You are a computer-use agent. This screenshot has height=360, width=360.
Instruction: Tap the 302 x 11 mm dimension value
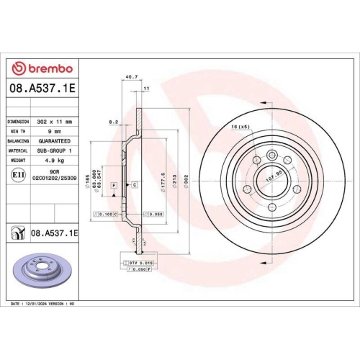pos(55,122)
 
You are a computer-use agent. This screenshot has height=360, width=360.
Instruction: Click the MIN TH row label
pos(19,132)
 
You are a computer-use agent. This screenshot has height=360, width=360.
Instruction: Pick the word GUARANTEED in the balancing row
pos(55,143)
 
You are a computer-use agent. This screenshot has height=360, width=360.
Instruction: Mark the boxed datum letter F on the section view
pos(113,186)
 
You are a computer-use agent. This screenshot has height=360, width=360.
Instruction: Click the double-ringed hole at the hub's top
pos(271,155)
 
